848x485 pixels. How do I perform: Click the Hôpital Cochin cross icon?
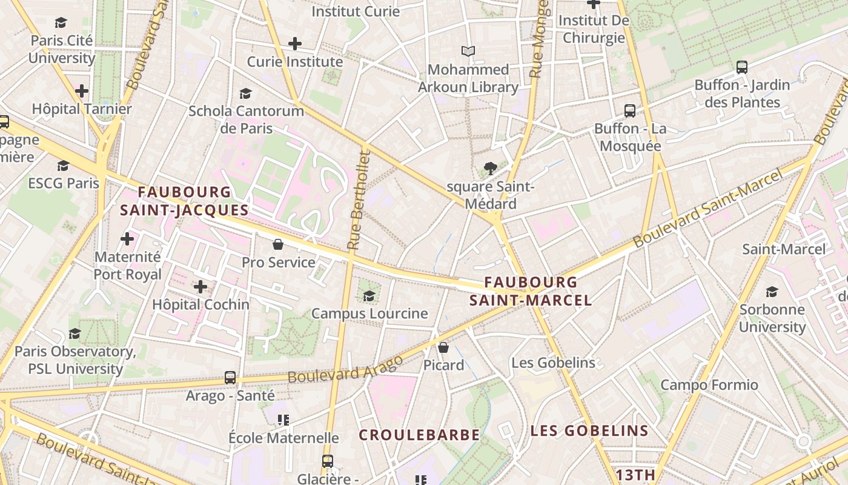click(x=200, y=287)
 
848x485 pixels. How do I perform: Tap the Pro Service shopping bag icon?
click(x=278, y=244)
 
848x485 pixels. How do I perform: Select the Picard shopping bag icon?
click(x=443, y=347)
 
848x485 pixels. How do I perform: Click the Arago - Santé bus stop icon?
click(x=230, y=377)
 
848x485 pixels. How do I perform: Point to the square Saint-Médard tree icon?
click(x=490, y=169)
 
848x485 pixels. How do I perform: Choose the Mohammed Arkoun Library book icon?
click(x=468, y=52)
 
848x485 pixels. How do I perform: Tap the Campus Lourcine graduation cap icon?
click(x=369, y=296)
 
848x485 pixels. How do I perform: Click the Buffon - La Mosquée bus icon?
click(x=630, y=111)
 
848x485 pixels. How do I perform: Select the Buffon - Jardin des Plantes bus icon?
click(x=742, y=67)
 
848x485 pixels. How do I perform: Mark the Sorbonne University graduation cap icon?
click(x=772, y=292)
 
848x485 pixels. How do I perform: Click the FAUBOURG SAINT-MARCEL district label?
click(x=531, y=291)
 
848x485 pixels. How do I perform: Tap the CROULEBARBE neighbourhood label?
click(x=419, y=435)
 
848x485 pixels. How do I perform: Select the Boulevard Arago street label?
click(x=345, y=369)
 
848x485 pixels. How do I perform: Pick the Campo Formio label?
click(x=709, y=385)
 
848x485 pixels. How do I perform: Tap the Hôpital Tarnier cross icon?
click(x=82, y=92)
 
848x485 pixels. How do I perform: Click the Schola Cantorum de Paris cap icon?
click(x=245, y=93)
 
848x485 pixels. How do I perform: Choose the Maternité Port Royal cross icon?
click(x=127, y=239)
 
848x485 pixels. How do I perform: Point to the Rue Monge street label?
click(x=538, y=39)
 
